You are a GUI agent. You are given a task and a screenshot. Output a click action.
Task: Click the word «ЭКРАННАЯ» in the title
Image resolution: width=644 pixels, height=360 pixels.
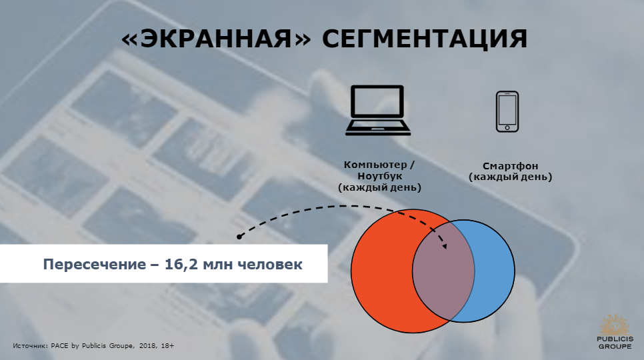point(216,39)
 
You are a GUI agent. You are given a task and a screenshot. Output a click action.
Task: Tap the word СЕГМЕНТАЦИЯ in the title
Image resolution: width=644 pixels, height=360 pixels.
point(424,39)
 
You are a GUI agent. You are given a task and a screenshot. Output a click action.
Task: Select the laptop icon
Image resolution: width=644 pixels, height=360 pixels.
point(378,110)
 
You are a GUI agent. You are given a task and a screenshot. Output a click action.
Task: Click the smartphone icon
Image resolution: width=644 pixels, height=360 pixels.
point(507,111)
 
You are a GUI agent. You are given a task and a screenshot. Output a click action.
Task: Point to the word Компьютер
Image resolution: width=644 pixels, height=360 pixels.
point(375,165)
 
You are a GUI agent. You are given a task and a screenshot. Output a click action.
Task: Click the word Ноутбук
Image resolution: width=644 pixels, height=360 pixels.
point(380,176)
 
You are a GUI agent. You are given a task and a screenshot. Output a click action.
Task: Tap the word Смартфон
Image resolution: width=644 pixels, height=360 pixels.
point(510,166)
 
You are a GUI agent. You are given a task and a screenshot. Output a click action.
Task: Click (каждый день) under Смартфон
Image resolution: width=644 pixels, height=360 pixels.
point(511,177)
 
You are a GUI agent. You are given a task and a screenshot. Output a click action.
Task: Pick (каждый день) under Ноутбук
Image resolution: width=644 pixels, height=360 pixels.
point(379,187)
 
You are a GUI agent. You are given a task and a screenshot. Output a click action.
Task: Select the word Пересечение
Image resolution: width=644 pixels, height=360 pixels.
point(95,265)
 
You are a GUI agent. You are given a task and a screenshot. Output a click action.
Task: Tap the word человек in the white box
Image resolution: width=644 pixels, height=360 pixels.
point(270,264)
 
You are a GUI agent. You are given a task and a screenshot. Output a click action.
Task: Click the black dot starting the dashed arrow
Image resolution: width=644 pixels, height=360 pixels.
point(239,237)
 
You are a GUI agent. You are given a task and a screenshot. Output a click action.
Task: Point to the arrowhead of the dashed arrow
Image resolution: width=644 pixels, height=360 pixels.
point(445,246)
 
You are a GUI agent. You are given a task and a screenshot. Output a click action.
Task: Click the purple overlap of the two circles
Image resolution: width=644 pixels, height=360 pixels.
point(443,271)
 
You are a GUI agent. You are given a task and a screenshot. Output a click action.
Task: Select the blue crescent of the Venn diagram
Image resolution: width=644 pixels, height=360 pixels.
point(495,271)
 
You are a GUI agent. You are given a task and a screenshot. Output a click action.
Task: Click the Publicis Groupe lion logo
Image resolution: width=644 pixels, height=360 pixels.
point(615,325)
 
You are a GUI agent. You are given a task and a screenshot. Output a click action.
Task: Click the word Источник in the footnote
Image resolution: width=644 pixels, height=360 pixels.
point(31,345)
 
